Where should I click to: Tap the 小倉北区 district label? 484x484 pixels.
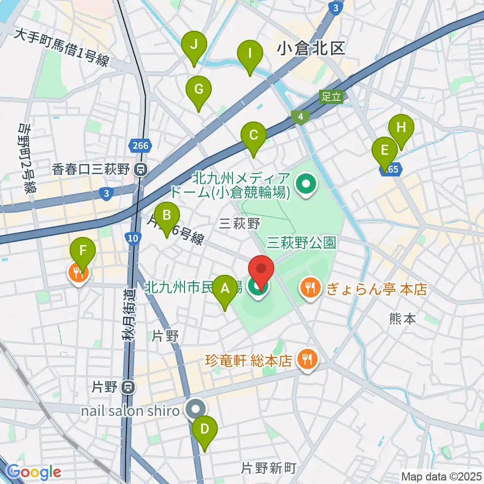[311, 48]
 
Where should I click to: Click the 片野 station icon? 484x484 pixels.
[129, 387]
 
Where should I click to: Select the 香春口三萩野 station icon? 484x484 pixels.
[142, 170]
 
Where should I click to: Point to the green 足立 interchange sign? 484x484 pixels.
[331, 96]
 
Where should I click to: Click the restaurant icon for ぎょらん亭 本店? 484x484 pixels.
[308, 288]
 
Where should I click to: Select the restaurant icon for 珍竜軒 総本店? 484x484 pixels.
[305, 360]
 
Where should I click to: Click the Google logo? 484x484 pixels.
[34, 472]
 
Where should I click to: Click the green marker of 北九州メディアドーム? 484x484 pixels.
[306, 185]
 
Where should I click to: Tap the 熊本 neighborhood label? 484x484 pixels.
[402, 319]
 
